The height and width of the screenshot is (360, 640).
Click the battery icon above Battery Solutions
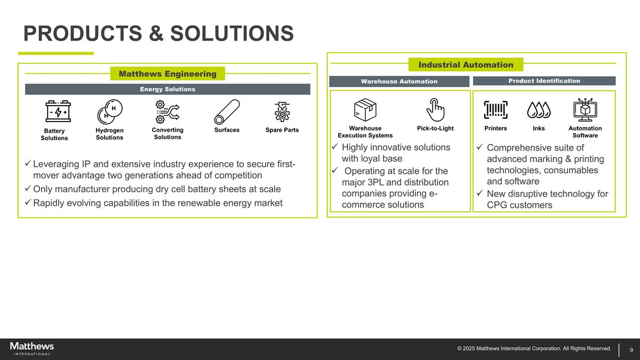[58, 111]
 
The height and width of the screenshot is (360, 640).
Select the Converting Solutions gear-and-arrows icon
[167, 111]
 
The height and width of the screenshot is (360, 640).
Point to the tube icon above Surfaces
[227, 112]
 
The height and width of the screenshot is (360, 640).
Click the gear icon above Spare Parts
[282, 112]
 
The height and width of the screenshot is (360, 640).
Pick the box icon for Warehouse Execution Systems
[365, 110]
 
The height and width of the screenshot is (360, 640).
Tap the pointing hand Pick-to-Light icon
[435, 109]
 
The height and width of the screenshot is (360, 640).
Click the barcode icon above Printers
[495, 110]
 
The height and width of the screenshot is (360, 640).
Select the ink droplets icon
[539, 110]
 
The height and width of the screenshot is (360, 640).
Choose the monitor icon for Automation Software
[585, 110]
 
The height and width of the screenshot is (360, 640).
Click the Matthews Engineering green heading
[167, 74]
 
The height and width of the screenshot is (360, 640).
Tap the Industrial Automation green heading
[466, 65]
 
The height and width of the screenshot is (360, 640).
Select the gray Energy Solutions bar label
[167, 89]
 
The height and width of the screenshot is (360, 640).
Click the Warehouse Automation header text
[399, 81]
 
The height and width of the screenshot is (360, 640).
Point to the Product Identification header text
[544, 81]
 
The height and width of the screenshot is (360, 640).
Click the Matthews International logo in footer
[32, 348]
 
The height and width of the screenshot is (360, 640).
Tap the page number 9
[631, 350]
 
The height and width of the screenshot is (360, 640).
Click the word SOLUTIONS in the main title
[232, 34]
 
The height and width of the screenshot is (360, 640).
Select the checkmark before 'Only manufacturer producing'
[28, 189]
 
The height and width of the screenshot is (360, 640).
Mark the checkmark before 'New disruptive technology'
[480, 194]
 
